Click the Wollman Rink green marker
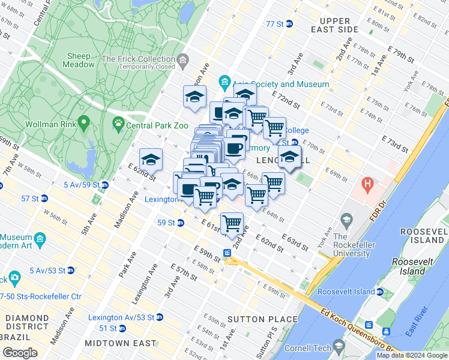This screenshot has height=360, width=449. point(83,125)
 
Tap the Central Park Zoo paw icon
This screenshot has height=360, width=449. point(118,125)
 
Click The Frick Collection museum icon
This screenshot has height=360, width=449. point(182,59)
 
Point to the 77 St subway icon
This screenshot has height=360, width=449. point(289,24)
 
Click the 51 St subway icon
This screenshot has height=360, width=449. point(122,328)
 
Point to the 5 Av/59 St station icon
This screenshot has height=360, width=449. point(104,185)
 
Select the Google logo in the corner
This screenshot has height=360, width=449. point(20,352)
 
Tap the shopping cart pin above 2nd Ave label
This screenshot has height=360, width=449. point(232,224)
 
